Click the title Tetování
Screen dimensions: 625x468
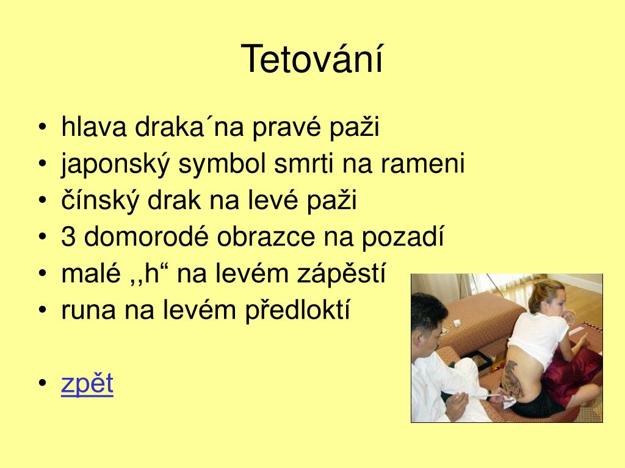click(x=312, y=59)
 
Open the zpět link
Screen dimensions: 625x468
click(x=87, y=383)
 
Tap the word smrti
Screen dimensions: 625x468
click(x=304, y=163)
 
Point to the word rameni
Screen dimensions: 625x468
click(x=423, y=163)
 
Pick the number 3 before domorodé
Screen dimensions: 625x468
click(x=68, y=237)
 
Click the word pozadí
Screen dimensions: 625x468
click(x=403, y=238)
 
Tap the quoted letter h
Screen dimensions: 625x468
click(x=152, y=274)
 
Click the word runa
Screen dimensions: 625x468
click(x=89, y=310)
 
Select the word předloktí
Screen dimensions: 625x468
click(x=297, y=310)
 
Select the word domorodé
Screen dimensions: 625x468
click(x=146, y=237)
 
